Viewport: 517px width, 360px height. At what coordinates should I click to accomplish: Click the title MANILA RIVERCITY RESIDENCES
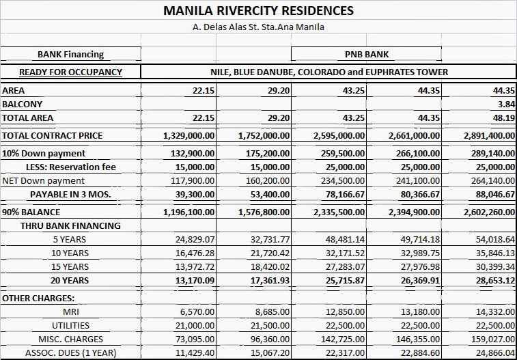pyautogui.click(x=258, y=11)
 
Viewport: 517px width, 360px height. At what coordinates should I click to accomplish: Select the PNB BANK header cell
pyautogui.click(x=366, y=54)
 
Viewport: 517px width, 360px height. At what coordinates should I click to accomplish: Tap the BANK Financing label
pyautogui.click(x=70, y=54)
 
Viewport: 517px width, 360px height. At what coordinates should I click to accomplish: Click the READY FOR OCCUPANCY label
pyautogui.click(x=70, y=72)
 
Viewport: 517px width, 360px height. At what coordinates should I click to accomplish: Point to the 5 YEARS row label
pyautogui.click(x=70, y=239)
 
